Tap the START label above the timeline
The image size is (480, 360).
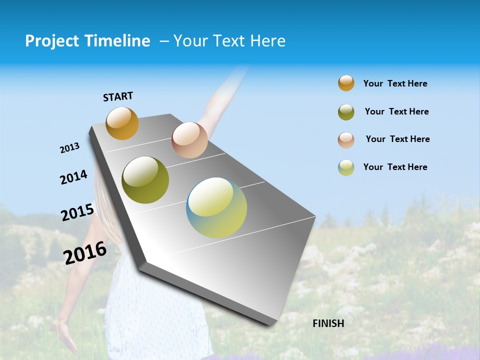(118, 96)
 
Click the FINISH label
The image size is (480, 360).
(328, 323)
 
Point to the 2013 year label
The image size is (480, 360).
(69, 148)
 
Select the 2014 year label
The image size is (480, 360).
(73, 177)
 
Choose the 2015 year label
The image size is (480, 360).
(77, 212)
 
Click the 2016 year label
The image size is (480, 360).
(85, 253)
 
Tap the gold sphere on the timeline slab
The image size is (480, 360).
(122, 123)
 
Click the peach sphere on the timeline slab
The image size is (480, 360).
(189, 140)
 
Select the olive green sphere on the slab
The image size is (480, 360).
(145, 180)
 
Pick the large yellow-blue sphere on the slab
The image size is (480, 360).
(216, 207)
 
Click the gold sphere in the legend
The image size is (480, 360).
(346, 83)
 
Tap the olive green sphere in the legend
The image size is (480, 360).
(346, 112)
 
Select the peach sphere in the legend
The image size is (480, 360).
(346, 140)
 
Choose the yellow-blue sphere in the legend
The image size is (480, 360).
(346, 167)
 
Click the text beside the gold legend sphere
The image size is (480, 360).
(395, 83)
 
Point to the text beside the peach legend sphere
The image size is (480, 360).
(397, 139)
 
